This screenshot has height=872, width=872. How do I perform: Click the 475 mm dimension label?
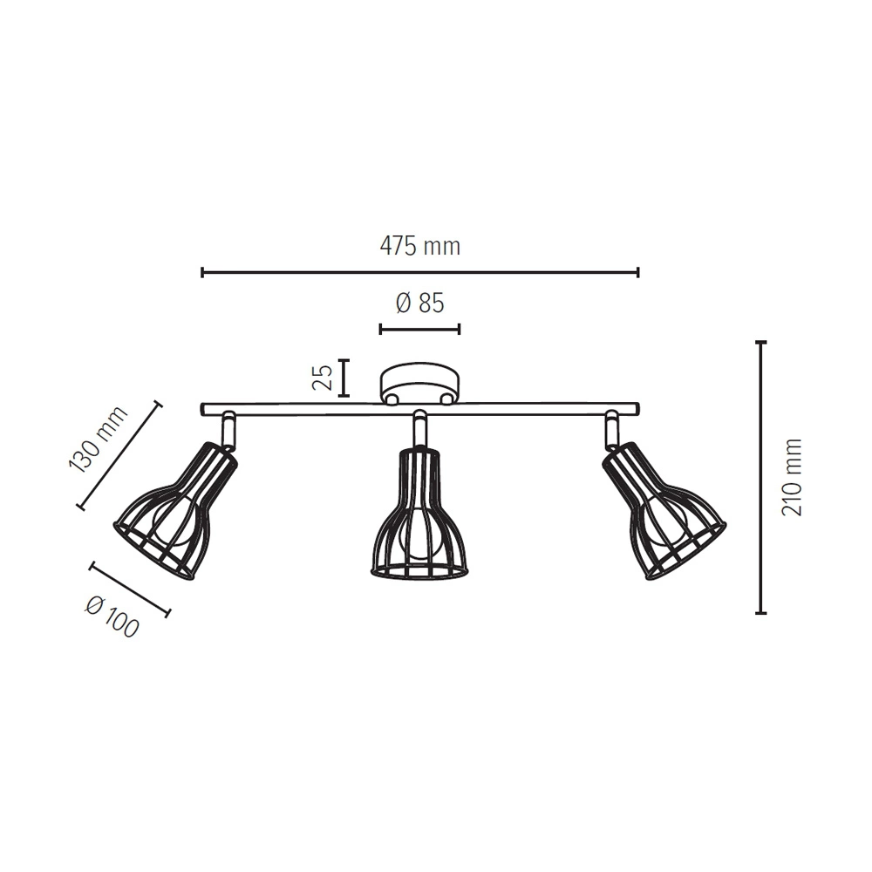pos(420,246)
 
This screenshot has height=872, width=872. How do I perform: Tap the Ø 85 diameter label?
pos(420,303)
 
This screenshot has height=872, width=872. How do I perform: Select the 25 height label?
pos(323,378)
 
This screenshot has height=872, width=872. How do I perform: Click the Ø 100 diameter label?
pos(112,617)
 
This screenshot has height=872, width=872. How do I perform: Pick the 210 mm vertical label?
pos(793,477)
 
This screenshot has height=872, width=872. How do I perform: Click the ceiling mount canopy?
pos(420,383)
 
